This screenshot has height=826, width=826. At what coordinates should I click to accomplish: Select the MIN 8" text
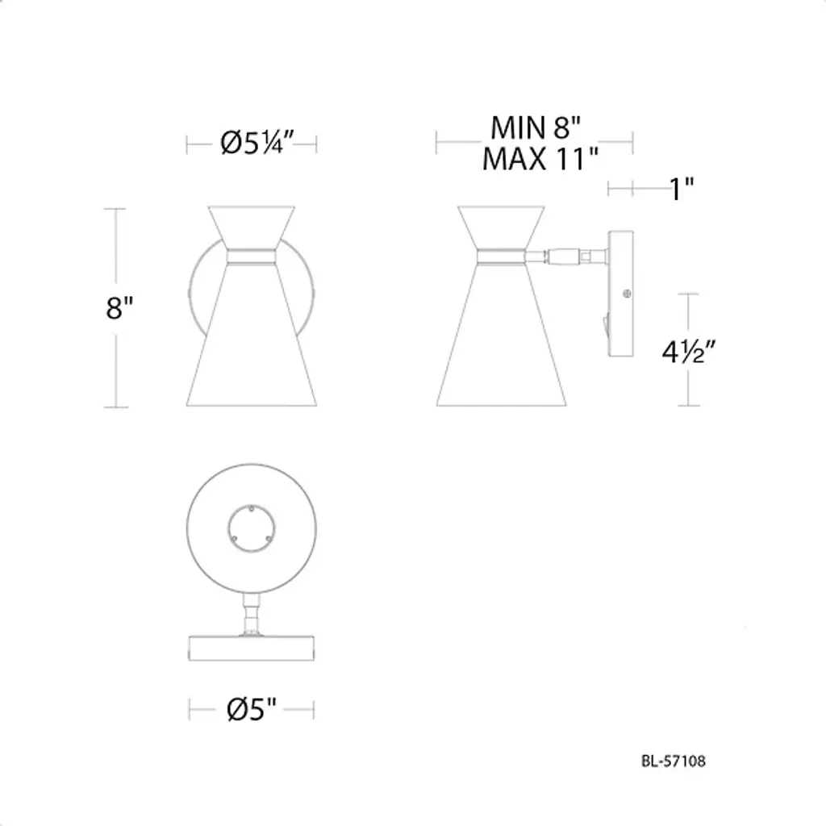tap(536, 127)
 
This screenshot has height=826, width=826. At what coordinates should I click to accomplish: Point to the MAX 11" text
tap(540, 159)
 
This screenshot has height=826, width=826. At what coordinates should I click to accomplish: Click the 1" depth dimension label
tap(682, 189)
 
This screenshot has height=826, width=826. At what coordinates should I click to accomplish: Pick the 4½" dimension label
tap(689, 352)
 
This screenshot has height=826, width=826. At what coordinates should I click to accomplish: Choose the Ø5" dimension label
tap(252, 709)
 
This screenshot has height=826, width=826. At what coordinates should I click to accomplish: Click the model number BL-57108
tap(674, 761)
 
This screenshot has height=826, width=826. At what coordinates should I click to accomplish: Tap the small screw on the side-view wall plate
tap(626, 294)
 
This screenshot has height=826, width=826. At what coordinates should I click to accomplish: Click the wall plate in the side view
tap(620, 294)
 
